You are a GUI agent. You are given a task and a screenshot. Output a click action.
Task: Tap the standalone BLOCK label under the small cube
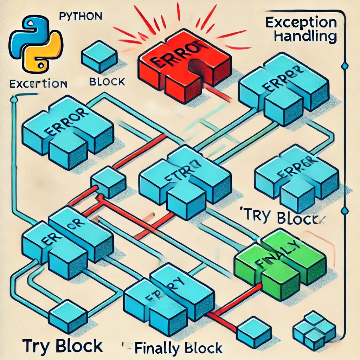pyautogui.click(x=107, y=82)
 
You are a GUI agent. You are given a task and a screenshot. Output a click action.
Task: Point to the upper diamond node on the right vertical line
pyautogui.click(x=344, y=66)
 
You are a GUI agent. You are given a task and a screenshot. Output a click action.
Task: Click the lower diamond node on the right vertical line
pyautogui.click(x=344, y=211)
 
